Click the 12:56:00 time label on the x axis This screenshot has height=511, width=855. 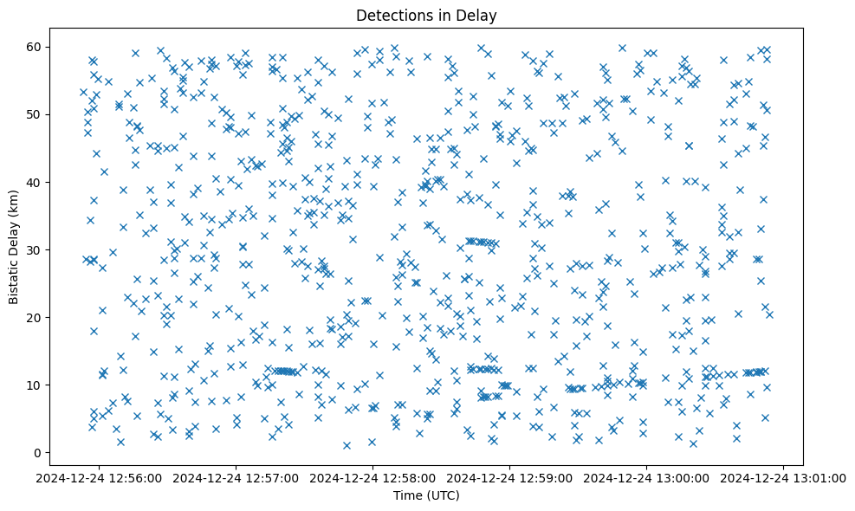click(x=98, y=477)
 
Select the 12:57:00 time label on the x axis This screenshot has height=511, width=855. click(x=236, y=477)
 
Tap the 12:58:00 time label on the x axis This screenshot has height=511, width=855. click(x=373, y=477)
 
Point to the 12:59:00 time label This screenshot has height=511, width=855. click(x=510, y=477)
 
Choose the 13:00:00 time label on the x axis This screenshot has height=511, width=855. click(x=648, y=477)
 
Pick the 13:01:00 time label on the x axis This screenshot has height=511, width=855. click(x=785, y=477)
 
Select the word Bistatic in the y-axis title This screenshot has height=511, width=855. click(x=15, y=277)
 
